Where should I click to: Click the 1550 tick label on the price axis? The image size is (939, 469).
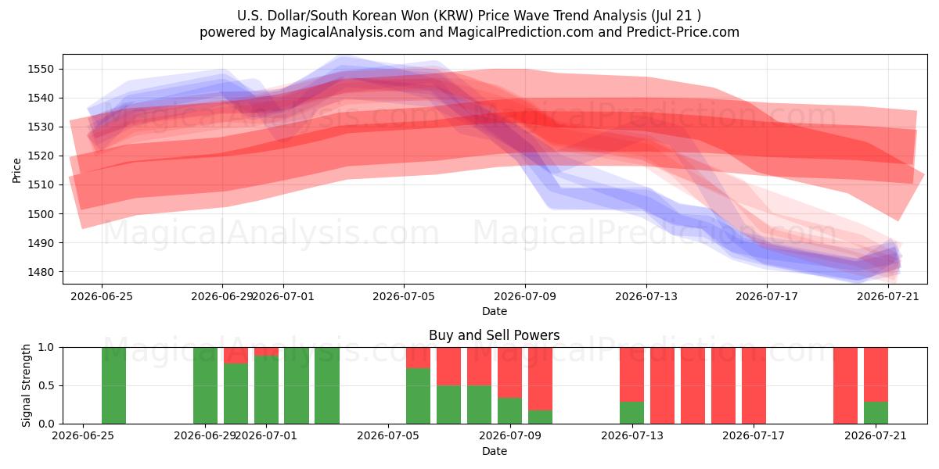(41, 69)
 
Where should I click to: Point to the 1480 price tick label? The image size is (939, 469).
(41, 272)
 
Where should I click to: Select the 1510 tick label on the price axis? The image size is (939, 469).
(41, 184)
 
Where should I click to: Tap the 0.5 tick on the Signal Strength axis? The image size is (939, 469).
(46, 385)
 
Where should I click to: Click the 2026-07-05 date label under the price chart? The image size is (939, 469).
(404, 296)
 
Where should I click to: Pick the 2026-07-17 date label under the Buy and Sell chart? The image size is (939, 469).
(754, 435)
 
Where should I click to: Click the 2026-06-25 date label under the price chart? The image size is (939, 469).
(102, 296)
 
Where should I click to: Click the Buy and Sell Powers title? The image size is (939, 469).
(495, 335)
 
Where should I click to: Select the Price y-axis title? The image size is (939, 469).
(16, 170)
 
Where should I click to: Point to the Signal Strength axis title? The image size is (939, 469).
(26, 385)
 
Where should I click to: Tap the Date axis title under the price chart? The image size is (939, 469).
(495, 311)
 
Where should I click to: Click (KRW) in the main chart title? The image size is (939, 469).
(454, 16)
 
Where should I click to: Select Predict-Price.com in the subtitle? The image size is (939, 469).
(683, 32)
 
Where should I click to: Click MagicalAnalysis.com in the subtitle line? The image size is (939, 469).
(347, 32)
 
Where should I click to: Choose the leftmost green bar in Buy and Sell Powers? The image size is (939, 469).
(113, 385)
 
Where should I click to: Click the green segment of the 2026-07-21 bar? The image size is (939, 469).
(876, 413)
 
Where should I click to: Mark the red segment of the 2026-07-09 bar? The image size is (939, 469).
(509, 373)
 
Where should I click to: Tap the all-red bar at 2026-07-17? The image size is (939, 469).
(754, 385)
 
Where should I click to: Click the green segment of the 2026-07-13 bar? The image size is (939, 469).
(631, 413)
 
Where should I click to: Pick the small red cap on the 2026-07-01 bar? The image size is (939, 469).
(266, 351)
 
